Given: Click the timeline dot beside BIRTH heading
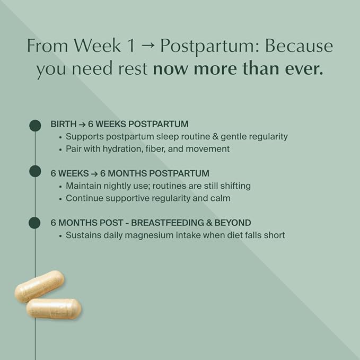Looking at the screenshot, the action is coord(35,125).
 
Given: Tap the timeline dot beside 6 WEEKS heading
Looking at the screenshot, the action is coord(35,171).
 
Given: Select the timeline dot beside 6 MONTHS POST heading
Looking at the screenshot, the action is coord(34,223).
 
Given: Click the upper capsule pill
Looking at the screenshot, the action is coord(39,286).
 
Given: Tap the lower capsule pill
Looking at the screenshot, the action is coord(54,309).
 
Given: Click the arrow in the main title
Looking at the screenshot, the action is coord(147,46).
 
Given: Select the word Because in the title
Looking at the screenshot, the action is coord(299,46).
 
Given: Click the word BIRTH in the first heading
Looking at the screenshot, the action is coord(64,124).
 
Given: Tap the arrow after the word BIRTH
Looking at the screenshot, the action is coord(82,124).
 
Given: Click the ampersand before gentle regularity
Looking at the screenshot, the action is coord(215,137).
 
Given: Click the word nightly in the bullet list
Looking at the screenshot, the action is coord(117,186).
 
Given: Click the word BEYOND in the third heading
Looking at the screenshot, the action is coord(233,223).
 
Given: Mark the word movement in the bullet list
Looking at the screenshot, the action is coord(207,149).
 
